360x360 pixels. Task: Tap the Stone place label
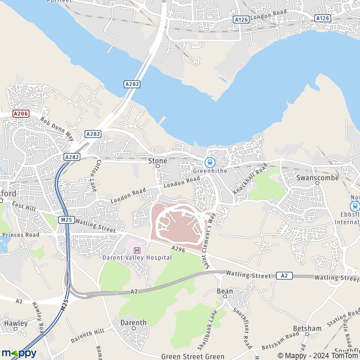coord(158,161)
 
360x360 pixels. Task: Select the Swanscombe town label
coord(317,178)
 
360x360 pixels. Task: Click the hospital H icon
coord(137,250)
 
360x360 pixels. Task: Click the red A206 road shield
coord(20,113)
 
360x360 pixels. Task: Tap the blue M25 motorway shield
coord(65,220)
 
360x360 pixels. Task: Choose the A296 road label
coord(177,247)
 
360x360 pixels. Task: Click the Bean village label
coord(224,292)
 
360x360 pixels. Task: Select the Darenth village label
coord(133,323)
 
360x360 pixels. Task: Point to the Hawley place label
coord(16,323)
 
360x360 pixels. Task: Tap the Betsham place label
coord(308,329)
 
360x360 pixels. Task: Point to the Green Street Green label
coord(193,356)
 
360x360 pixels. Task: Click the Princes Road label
coord(20,235)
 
